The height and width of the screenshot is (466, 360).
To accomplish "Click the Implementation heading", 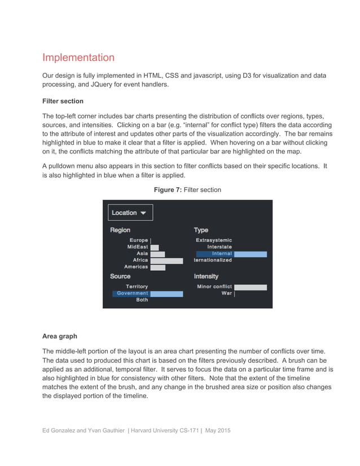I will tap(78, 58).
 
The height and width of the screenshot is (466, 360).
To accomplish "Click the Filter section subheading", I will tap(63, 101).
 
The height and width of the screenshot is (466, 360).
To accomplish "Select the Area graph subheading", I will tap(60, 336).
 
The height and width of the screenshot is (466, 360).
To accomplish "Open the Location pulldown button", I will tap(130, 213).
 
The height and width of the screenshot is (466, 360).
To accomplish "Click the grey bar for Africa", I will tap(166, 261).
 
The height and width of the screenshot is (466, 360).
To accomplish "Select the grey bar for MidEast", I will tap(155, 247).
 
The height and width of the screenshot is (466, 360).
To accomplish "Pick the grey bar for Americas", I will tap(158, 267).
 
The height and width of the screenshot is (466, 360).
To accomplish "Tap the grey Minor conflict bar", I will tap(250, 287).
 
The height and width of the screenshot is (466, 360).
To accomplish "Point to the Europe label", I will tap(139, 240).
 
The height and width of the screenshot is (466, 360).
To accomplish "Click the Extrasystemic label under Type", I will tap(214, 240).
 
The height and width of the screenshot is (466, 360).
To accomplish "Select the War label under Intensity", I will tap(226, 293).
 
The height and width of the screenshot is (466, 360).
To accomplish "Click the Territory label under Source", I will tap(137, 287).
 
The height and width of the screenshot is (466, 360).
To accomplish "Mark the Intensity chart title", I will tap(206, 276).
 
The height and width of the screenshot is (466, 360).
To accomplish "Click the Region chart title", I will tap(120, 230).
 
